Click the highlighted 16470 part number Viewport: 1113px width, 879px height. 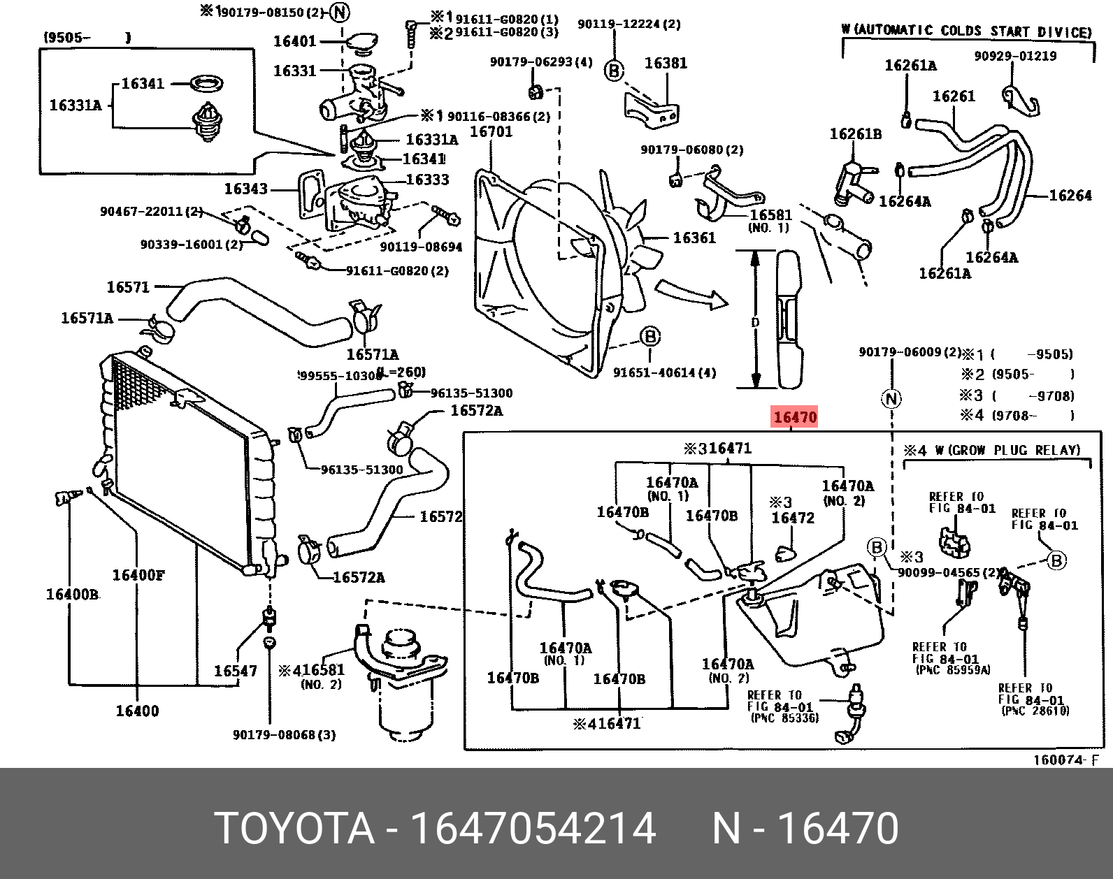click(795, 418)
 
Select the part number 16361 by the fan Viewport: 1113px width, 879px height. click(694, 238)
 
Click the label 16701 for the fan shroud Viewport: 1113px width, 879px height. click(491, 131)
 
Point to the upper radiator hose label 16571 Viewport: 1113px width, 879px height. click(128, 287)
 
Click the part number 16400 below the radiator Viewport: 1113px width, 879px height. click(137, 711)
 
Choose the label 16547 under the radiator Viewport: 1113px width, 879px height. click(235, 671)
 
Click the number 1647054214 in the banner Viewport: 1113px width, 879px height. click(532, 829)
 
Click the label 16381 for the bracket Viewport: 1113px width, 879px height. click(666, 63)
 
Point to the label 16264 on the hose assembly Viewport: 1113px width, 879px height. click(1070, 196)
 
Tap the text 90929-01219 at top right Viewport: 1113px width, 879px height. click(1016, 56)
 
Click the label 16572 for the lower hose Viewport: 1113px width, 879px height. click(440, 517)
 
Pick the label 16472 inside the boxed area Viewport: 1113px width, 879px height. click(793, 518)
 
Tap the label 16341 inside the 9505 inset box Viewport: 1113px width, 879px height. click(143, 84)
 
